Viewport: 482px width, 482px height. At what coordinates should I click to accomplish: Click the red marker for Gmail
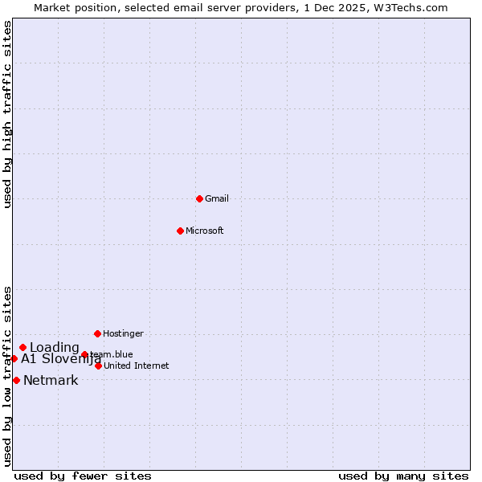[199, 198]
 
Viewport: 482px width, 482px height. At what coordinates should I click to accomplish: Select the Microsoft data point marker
[180, 231]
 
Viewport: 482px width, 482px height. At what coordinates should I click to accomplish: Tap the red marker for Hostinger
[97, 333]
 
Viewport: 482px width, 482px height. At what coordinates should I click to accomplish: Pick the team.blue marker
[84, 354]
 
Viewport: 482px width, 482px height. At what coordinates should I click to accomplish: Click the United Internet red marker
[98, 366]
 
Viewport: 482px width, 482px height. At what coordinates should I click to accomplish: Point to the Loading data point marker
[22, 348]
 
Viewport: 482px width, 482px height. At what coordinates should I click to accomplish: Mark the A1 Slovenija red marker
[14, 358]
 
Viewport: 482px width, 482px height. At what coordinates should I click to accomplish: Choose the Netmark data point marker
[16, 380]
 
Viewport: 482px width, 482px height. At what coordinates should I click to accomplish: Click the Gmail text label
[217, 198]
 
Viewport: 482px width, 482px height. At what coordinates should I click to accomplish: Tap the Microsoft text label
[205, 231]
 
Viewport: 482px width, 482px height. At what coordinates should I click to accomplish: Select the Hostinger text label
[123, 333]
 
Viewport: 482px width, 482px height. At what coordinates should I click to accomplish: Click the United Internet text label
[137, 366]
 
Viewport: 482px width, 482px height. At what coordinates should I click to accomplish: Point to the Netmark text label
[51, 381]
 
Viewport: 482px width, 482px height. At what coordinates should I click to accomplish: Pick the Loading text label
[55, 348]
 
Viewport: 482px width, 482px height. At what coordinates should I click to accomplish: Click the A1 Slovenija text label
[61, 359]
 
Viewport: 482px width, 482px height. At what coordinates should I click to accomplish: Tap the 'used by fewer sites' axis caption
[83, 476]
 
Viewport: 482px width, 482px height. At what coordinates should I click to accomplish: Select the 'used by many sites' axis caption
[403, 476]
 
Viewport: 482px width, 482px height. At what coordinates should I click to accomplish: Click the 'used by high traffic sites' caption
[8, 114]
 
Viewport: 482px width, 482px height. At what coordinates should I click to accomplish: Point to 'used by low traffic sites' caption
[8, 375]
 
